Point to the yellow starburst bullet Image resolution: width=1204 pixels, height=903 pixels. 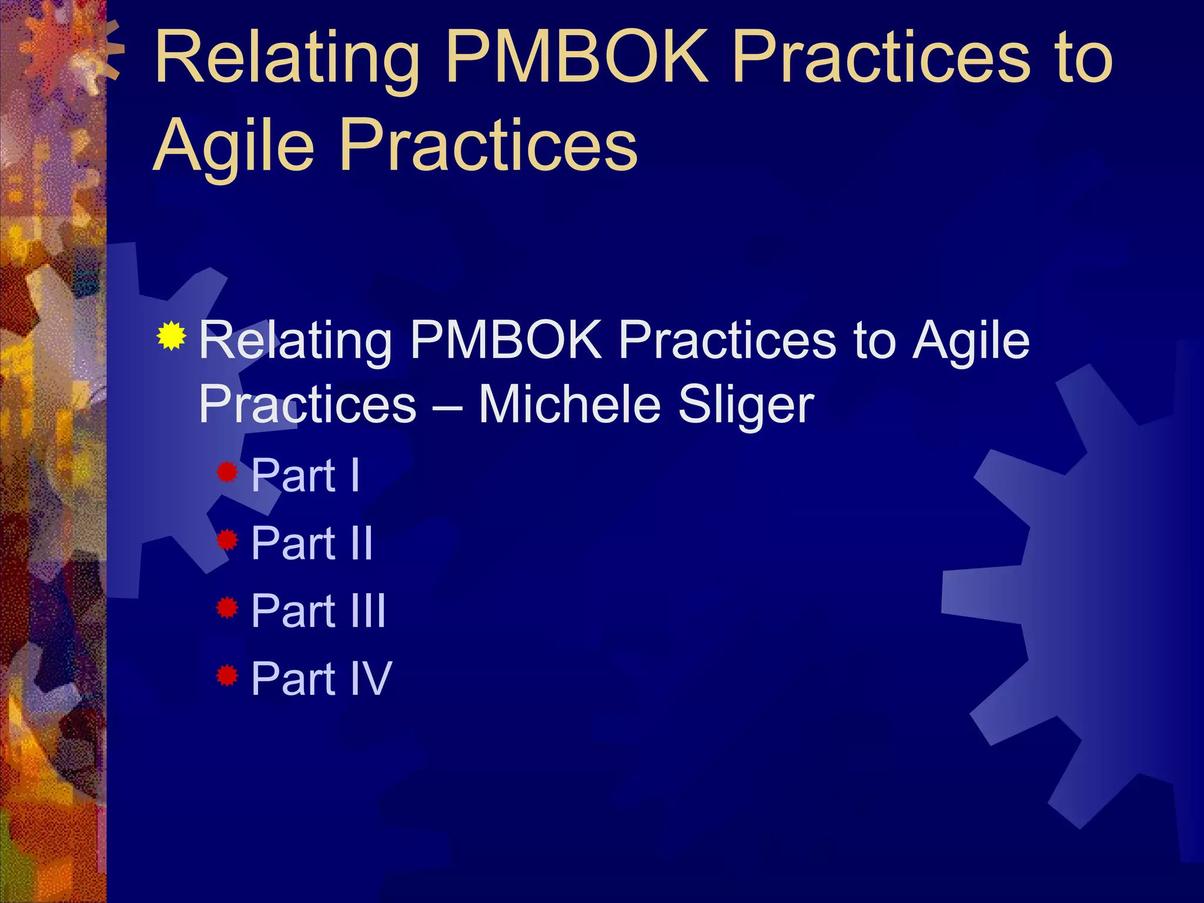(171, 336)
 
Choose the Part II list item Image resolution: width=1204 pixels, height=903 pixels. (312, 543)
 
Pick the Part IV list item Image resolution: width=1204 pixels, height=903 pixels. (321, 678)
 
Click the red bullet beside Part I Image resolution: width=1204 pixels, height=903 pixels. (227, 471)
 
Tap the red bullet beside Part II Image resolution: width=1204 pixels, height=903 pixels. (227, 539)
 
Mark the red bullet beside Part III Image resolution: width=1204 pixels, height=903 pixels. (227, 607)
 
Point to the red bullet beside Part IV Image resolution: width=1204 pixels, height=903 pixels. (227, 675)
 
